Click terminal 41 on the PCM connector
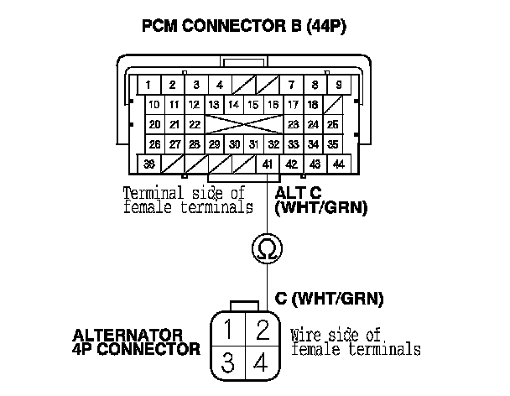click(266, 163)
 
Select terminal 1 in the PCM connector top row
click(148, 85)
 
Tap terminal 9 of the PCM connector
click(337, 85)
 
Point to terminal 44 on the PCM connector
click(337, 163)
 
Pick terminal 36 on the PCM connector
click(150, 163)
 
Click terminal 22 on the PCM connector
click(194, 124)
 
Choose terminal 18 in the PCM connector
click(312, 105)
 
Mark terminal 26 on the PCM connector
click(154, 143)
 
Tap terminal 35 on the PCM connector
click(332, 143)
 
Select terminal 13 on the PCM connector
click(214, 105)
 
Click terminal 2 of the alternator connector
click(262, 328)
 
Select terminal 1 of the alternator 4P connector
click(227, 328)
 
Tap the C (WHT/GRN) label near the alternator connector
click(328, 298)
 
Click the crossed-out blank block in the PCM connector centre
click(244, 124)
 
